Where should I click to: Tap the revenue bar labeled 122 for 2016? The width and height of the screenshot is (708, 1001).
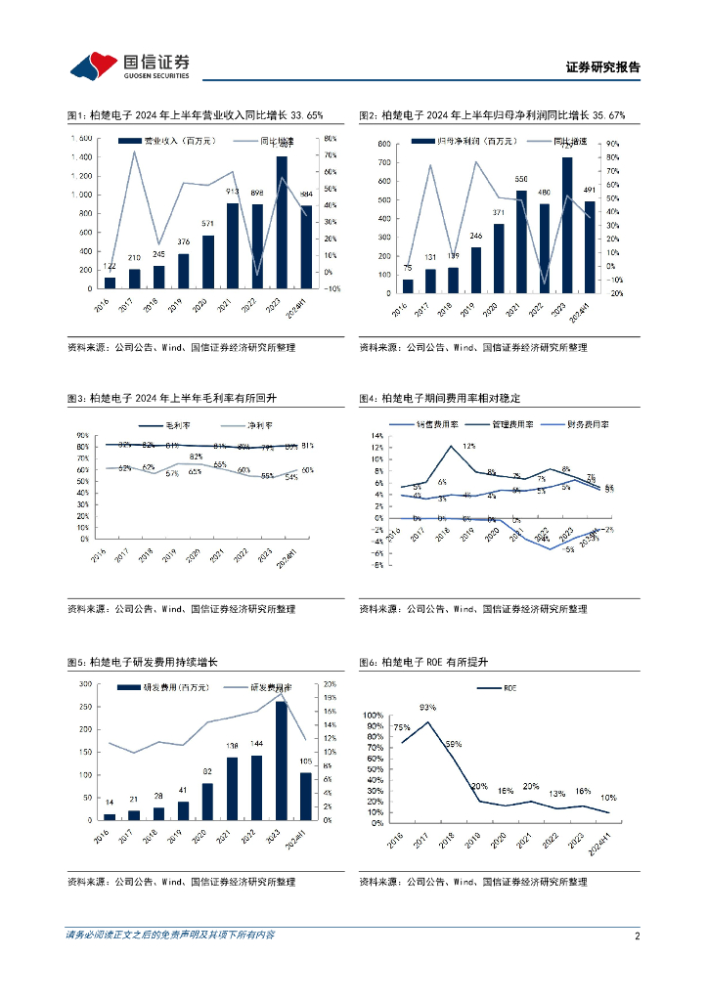pyautogui.click(x=110, y=283)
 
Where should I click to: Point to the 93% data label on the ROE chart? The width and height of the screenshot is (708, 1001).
pyautogui.click(x=427, y=707)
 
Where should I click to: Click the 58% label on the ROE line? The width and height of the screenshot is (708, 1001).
pyautogui.click(x=453, y=744)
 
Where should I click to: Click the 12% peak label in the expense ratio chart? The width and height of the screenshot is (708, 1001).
pyautogui.click(x=468, y=446)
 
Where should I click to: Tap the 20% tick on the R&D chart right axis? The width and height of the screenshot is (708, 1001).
pyautogui.click(x=330, y=683)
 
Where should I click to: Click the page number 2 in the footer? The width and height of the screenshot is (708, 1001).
pyautogui.click(x=637, y=936)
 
